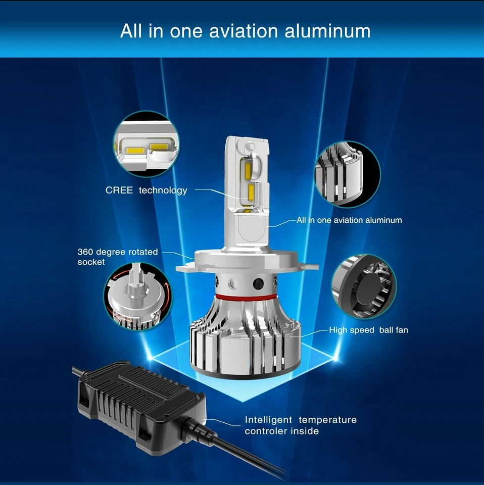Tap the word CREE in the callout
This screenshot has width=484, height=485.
click(x=119, y=190)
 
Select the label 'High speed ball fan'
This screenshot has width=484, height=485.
click(x=368, y=330)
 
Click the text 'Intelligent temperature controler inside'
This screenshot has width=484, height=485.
click(x=301, y=425)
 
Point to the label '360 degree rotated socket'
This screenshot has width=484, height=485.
click(x=117, y=257)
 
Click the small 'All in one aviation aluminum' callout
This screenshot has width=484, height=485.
click(x=349, y=220)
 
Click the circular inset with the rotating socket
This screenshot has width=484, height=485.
click(x=137, y=301)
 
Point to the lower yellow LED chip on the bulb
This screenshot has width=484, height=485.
click(x=251, y=192)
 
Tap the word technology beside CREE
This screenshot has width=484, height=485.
click(x=163, y=190)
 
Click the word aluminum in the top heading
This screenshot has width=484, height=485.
click(x=327, y=31)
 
